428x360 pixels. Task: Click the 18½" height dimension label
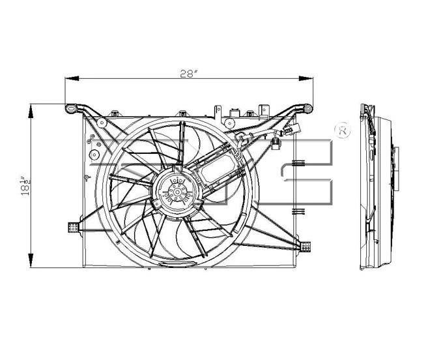(x=25, y=187)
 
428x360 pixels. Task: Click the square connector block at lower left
(x=73, y=227)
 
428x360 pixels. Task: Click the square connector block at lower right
(x=305, y=246)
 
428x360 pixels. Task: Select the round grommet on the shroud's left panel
(x=93, y=155)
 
